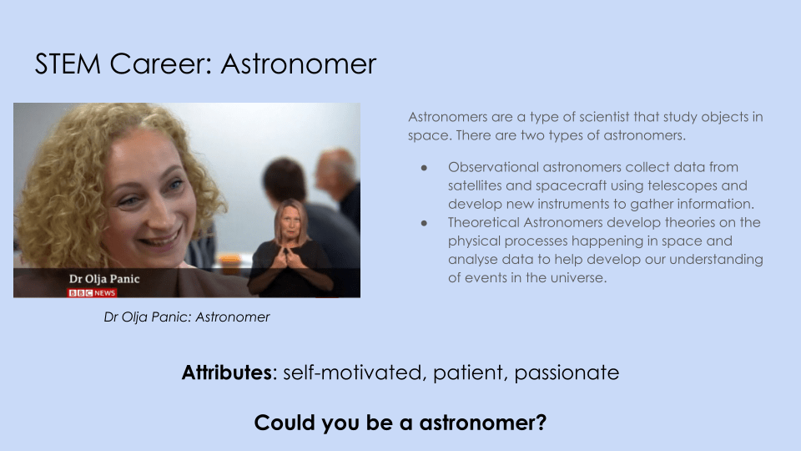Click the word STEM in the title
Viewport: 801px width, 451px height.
click(68, 64)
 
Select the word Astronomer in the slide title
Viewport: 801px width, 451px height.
click(299, 64)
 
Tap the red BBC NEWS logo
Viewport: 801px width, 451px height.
click(93, 293)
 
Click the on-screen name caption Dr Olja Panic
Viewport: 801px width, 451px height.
click(104, 279)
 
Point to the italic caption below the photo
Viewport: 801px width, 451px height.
click(186, 317)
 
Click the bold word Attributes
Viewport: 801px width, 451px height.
click(227, 372)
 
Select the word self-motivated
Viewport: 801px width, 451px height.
click(353, 372)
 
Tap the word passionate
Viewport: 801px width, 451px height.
click(567, 373)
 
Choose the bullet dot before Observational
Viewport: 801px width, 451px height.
click(424, 168)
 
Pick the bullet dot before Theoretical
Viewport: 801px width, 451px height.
click(424, 223)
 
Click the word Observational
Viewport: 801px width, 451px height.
click(493, 167)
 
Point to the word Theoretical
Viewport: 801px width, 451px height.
click(484, 222)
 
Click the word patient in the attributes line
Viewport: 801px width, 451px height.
click(469, 373)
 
